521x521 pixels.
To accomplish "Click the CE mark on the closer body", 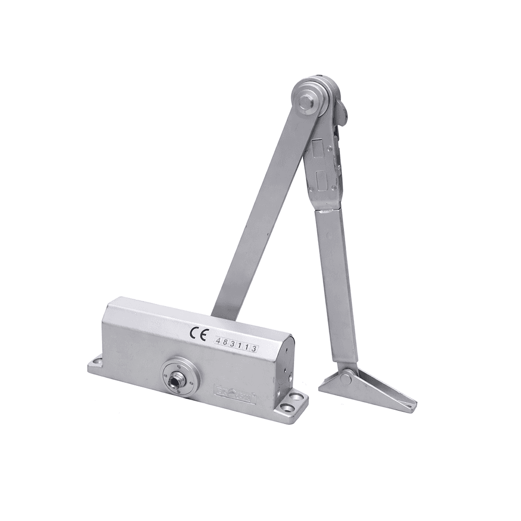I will (197, 334).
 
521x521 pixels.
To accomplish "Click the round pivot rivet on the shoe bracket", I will (346, 378).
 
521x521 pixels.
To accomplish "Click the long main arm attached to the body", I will (260, 214).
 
